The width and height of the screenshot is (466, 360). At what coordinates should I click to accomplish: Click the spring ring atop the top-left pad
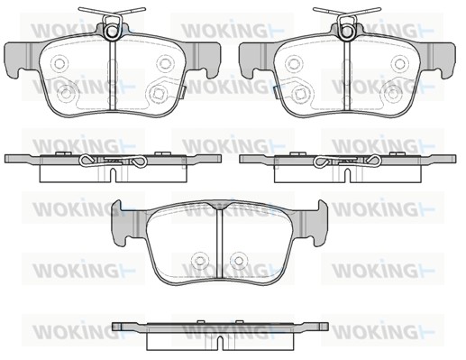tap(112, 35)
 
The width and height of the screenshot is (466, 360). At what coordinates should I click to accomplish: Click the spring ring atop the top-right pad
tap(347, 35)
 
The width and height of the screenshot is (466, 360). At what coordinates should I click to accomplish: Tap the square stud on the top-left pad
tap(158, 94)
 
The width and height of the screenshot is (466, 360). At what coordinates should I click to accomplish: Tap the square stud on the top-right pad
tap(299, 94)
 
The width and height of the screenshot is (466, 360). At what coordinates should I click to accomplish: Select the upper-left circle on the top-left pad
tap(59, 63)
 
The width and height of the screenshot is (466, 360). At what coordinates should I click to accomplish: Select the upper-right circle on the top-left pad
tap(166, 63)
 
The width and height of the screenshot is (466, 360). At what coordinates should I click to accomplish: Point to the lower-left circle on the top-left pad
tap(66, 94)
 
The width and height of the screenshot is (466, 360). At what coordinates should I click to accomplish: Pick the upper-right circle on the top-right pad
tap(400, 63)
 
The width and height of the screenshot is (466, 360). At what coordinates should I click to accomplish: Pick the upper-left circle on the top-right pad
tap(294, 63)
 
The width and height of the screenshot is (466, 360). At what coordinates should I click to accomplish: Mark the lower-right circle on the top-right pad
tap(393, 94)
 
